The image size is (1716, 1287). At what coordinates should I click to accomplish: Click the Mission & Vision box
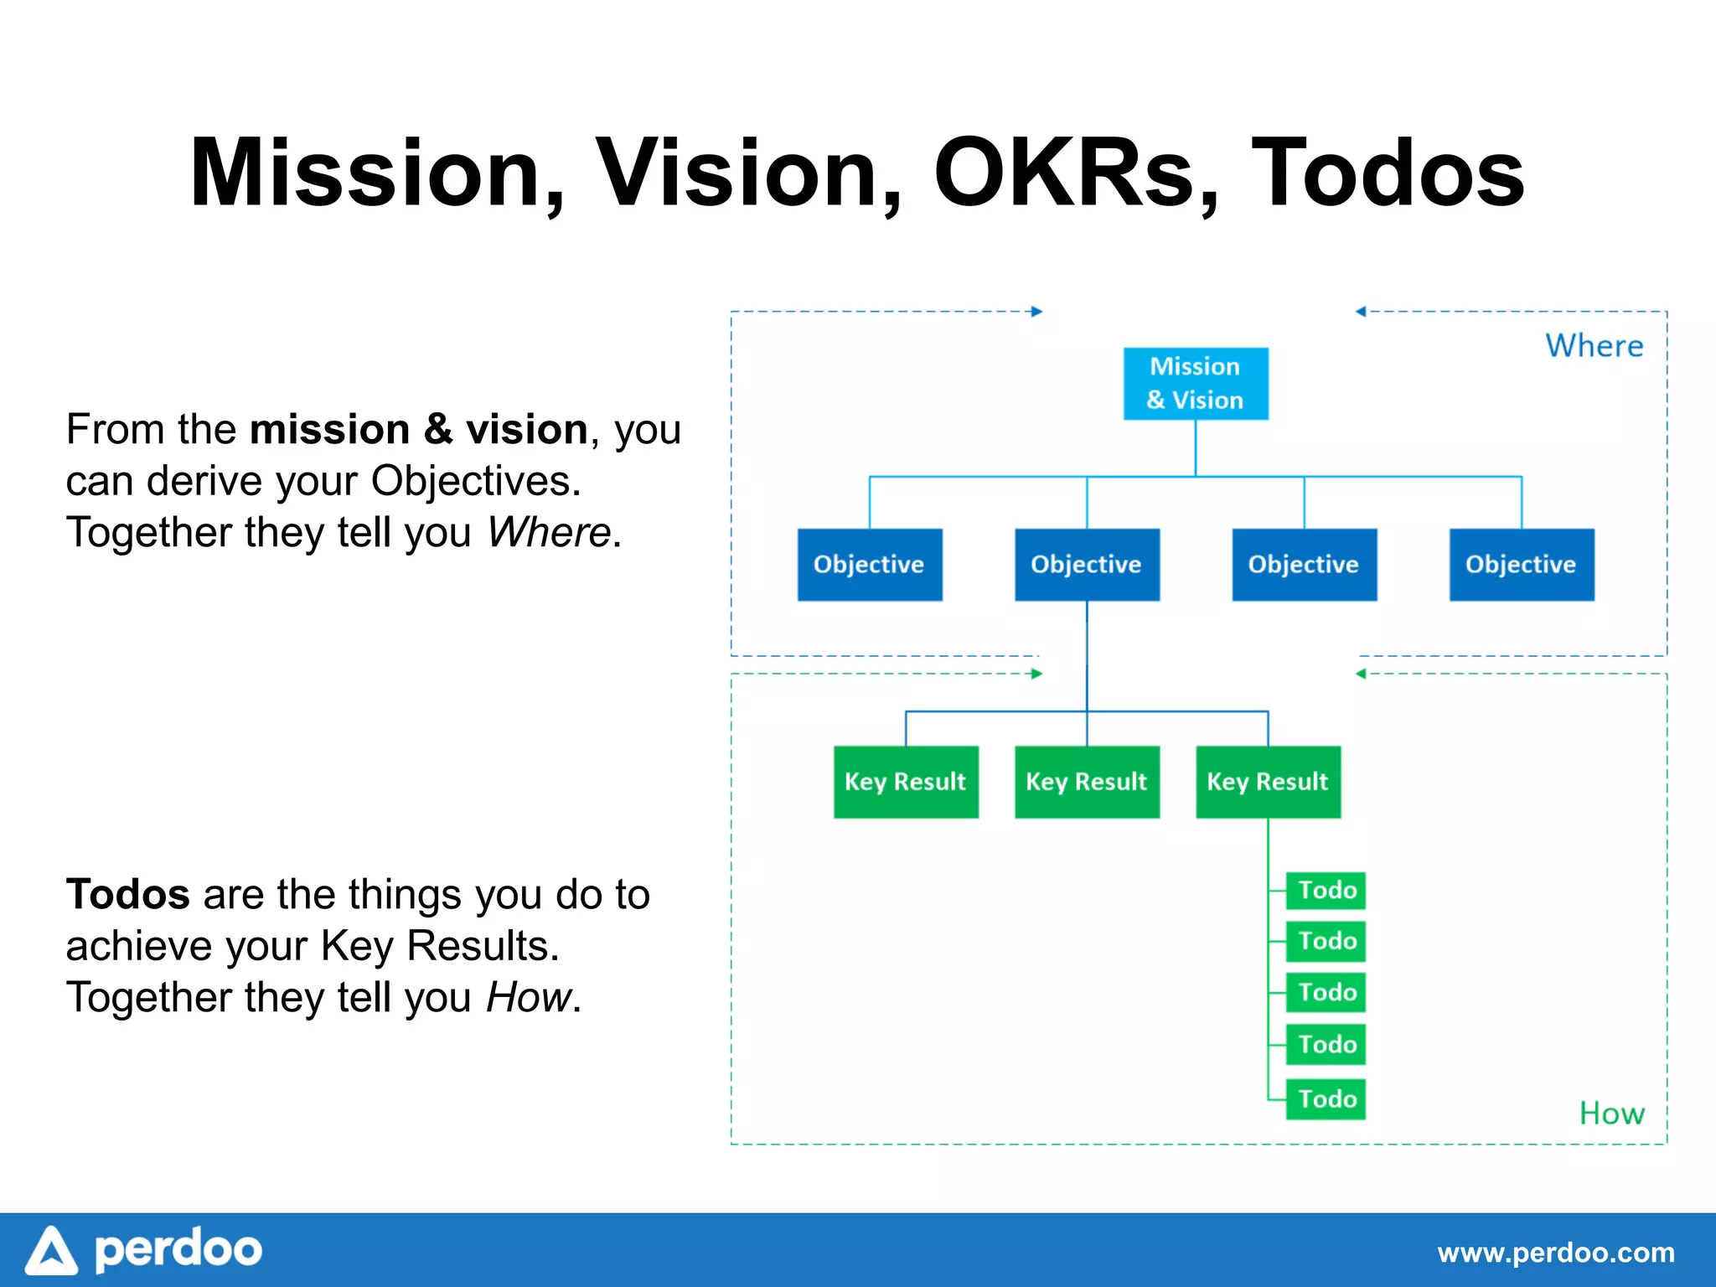tap(1195, 383)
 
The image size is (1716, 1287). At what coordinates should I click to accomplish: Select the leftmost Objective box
tap(869, 564)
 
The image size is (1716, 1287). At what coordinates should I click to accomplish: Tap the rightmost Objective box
tap(1521, 564)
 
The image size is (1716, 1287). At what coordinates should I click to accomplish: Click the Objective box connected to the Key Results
tap(1086, 564)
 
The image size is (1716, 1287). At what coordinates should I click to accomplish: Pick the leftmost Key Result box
tap(905, 781)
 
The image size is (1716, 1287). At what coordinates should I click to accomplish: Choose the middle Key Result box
tap(1086, 781)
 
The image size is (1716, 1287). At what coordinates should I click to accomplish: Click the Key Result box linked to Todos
tap(1267, 781)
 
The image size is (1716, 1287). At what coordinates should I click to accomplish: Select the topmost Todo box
tap(1326, 890)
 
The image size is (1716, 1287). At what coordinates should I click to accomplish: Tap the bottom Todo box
tap(1326, 1098)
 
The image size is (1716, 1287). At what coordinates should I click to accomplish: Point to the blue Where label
tap(1594, 346)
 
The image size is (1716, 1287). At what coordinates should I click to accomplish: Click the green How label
tap(1611, 1114)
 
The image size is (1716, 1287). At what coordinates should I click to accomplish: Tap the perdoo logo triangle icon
tap(52, 1251)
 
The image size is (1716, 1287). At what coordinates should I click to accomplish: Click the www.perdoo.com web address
tap(1555, 1253)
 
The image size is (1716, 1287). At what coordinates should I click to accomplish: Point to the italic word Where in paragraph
tap(549, 532)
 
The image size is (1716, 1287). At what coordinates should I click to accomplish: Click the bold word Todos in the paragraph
tap(127, 894)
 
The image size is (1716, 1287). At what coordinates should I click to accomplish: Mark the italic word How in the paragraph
tap(529, 997)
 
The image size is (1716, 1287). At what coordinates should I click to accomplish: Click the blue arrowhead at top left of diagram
tap(1037, 312)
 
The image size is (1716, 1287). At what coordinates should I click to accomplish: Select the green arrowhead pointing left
tap(1361, 674)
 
